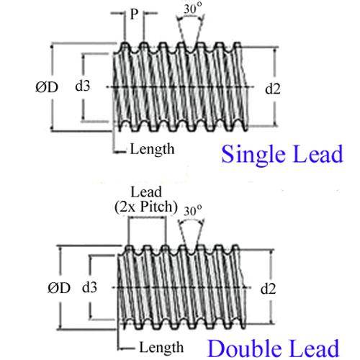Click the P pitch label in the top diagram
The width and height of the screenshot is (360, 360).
pyautogui.click(x=134, y=14)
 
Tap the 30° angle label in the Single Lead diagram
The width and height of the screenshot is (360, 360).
pyautogui.click(x=192, y=9)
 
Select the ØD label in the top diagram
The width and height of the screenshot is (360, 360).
pyautogui.click(x=47, y=87)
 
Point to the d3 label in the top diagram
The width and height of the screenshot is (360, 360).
pyautogui.click(x=83, y=86)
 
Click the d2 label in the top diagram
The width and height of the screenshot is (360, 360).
pyautogui.click(x=273, y=89)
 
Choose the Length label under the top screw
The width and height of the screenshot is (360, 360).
pyautogui.click(x=152, y=149)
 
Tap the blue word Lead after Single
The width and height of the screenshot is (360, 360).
pyautogui.click(x=318, y=154)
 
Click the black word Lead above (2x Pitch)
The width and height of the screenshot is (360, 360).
pyautogui.click(x=146, y=192)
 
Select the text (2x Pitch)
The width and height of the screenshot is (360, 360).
pyautogui.click(x=146, y=207)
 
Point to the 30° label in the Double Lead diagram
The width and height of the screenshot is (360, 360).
pyautogui.click(x=192, y=211)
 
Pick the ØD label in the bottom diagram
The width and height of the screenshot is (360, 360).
pyautogui.click(x=59, y=288)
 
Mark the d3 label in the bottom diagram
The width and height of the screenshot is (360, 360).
pyautogui.click(x=89, y=287)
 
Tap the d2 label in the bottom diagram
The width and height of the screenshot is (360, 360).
pyautogui.click(x=268, y=289)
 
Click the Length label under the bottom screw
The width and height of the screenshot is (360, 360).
pyautogui.click(x=161, y=347)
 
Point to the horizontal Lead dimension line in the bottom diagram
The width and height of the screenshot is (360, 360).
pyautogui.click(x=147, y=217)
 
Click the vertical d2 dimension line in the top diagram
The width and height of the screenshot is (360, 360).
pyautogui.click(x=274, y=86)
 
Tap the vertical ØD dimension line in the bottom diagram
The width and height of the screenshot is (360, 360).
pyautogui.click(x=60, y=287)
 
